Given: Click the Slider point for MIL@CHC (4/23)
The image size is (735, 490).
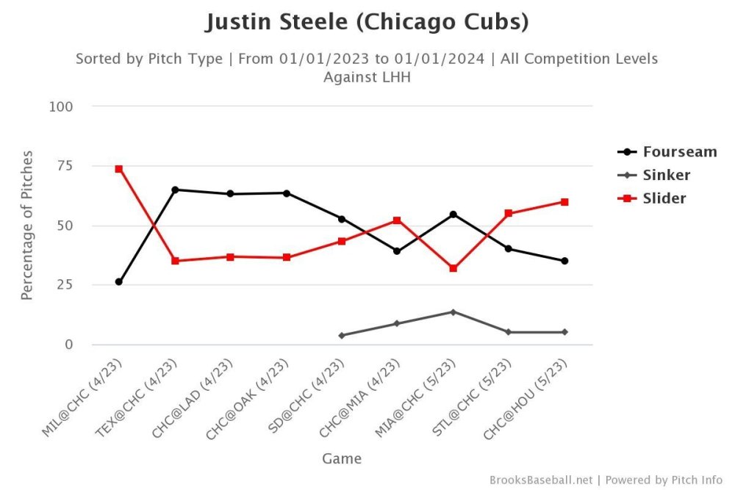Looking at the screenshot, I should tap(118, 169).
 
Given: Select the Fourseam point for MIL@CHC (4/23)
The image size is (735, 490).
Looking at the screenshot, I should tap(118, 282).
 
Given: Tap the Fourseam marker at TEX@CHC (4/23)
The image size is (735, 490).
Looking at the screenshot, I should tap(175, 190).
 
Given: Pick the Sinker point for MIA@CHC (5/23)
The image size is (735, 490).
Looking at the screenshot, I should tap(453, 312).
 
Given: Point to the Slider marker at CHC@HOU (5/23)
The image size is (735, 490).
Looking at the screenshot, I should tap(564, 202).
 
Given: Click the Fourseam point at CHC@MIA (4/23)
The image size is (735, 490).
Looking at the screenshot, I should tap(397, 251).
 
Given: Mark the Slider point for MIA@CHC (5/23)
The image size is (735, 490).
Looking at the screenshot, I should tap(453, 269).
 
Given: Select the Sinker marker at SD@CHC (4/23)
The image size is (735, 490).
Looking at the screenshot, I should tap(342, 336).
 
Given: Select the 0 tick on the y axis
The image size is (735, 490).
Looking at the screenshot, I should tap(68, 345).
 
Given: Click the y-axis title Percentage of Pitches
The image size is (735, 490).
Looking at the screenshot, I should tap(27, 226).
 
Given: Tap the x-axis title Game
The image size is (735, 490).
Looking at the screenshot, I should tap(342, 459).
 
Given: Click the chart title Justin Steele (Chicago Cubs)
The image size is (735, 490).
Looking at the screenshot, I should tap(367, 22).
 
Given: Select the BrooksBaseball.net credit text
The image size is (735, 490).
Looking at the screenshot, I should tap(540, 480).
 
